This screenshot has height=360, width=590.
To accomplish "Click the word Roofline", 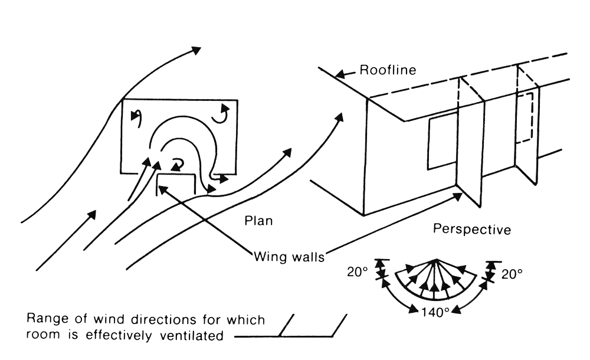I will pyautogui.click(x=388, y=70).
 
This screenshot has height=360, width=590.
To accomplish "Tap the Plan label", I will pyautogui.click(x=258, y=221).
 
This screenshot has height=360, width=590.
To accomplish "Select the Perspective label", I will pyautogui.click(x=472, y=228).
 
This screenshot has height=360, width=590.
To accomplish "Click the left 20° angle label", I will pyautogui.click(x=357, y=272).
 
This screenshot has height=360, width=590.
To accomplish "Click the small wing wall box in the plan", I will pyautogui.click(x=175, y=184).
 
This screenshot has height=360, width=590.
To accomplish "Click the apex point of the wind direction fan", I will pyautogui.click(x=435, y=260).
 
